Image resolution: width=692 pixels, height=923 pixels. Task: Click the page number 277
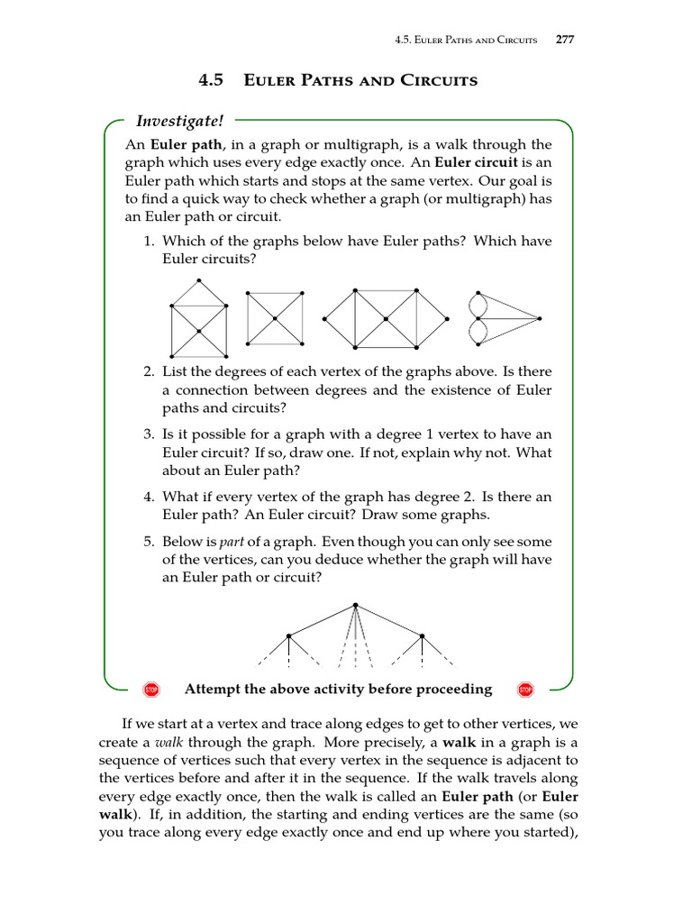tap(565, 40)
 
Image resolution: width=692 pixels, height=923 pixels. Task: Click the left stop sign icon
tap(151, 690)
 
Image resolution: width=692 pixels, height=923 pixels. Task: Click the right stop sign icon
tap(525, 690)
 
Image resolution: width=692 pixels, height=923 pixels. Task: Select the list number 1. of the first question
tap(150, 241)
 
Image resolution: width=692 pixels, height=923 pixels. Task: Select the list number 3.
tap(150, 434)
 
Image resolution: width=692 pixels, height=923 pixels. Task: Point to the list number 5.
tap(150, 542)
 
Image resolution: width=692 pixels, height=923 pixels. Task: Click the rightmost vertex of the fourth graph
tap(539, 318)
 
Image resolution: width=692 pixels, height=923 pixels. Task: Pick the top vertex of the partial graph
tap(356, 605)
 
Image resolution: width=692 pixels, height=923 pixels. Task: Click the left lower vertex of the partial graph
tap(288, 636)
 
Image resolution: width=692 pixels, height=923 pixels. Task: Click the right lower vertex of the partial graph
tap(423, 636)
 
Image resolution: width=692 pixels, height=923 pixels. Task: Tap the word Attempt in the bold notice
tap(214, 690)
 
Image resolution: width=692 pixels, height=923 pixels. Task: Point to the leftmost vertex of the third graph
tap(324, 318)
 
